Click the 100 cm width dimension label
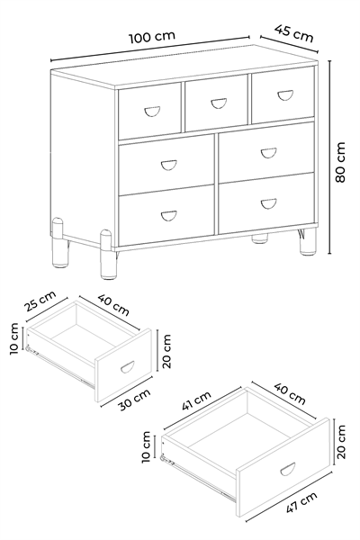(x=152, y=37)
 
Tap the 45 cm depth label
(x=294, y=33)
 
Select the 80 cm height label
(x=340, y=162)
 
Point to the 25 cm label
(x=40, y=301)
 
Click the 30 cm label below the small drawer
(x=135, y=400)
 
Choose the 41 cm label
(x=196, y=400)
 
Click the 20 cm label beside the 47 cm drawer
(x=341, y=442)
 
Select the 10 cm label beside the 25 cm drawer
(x=13, y=339)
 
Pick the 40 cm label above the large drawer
(x=290, y=393)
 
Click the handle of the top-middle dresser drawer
(x=219, y=103)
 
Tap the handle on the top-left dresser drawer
(x=152, y=112)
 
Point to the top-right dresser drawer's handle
(x=285, y=95)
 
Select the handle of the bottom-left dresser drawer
(x=169, y=216)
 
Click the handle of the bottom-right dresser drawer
(x=268, y=203)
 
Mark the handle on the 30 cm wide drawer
(x=127, y=367)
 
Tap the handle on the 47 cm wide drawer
(x=288, y=469)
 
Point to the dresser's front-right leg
(x=308, y=241)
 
